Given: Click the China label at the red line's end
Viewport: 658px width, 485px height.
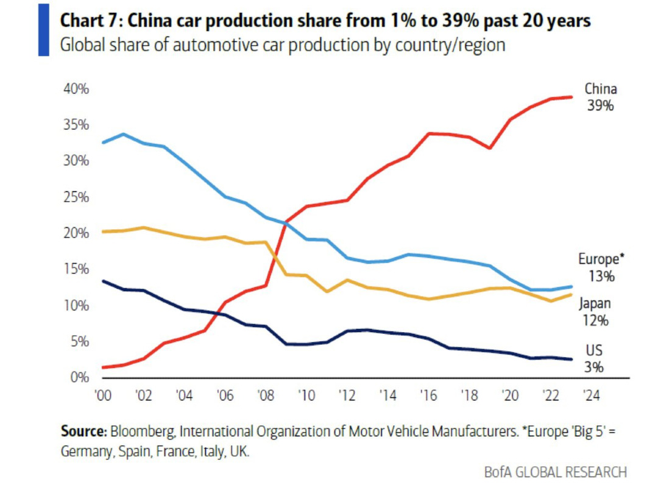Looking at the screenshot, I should (600, 88).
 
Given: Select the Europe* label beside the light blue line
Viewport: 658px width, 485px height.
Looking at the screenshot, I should (601, 259).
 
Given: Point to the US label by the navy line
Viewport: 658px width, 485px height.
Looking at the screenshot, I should (595, 351).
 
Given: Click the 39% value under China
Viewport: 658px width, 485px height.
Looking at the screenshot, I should (600, 105).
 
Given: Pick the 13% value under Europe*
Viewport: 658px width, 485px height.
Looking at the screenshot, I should (601, 276).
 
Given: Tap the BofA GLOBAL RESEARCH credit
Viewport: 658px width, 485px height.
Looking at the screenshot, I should (555, 472).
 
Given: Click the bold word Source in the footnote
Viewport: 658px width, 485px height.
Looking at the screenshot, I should (83, 432).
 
